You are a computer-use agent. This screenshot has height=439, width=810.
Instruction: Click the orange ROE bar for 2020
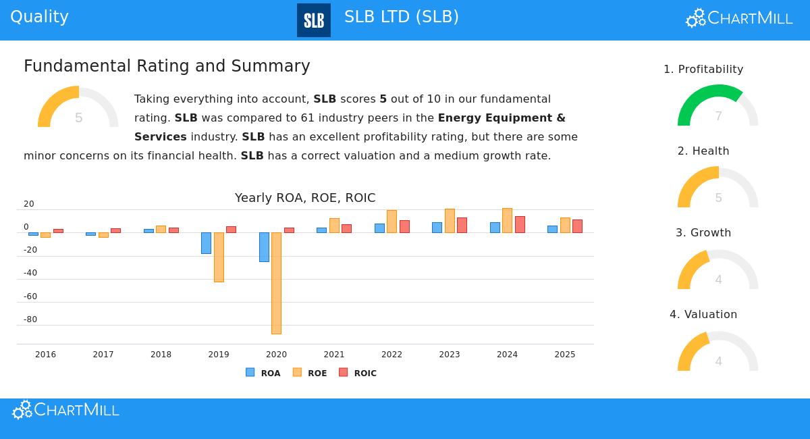click(276, 283)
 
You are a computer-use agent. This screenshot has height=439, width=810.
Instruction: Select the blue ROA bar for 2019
click(206, 243)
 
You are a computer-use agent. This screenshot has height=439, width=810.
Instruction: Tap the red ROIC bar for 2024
click(520, 224)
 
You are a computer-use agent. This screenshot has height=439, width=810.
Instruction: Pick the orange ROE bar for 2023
click(450, 221)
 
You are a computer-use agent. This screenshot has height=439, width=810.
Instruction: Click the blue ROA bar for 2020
click(264, 247)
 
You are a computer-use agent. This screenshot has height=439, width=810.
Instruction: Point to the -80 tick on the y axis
click(30, 319)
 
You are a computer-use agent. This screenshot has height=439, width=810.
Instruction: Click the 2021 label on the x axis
click(334, 355)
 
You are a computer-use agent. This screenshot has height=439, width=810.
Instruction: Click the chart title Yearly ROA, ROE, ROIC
click(305, 198)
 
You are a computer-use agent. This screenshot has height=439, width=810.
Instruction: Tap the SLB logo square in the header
click(314, 20)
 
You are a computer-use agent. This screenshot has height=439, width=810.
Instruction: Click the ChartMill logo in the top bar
click(739, 18)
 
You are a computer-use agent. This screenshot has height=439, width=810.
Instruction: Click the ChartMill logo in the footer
click(65, 410)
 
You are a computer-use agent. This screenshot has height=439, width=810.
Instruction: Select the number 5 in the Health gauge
click(718, 198)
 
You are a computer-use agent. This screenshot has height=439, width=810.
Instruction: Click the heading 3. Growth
click(703, 232)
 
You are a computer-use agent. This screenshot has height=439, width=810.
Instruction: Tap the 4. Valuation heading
click(703, 314)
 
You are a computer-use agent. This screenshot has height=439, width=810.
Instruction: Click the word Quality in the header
click(39, 17)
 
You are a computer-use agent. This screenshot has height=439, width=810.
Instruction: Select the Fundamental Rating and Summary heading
click(167, 66)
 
